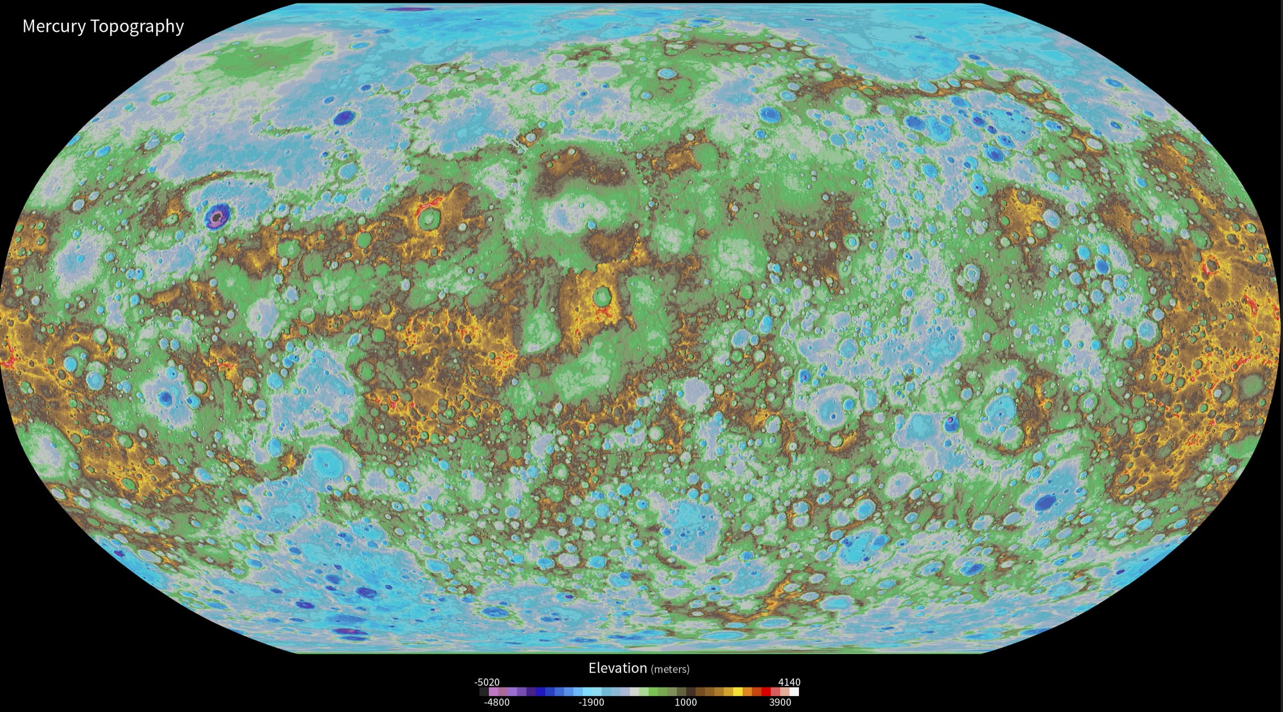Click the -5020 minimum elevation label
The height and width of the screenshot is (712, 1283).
[x=487, y=682]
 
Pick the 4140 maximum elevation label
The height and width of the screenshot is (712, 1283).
[x=789, y=682]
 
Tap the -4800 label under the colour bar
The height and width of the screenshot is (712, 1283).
[x=496, y=702]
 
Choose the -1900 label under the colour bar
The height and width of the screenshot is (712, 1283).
[x=591, y=702]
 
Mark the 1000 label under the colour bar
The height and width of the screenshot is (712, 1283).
[x=685, y=702]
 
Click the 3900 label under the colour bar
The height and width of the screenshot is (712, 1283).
[x=780, y=702]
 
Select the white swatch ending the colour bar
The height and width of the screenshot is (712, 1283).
[x=794, y=692]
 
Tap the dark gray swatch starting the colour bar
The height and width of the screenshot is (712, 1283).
[x=484, y=692]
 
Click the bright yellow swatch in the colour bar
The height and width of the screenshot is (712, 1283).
[x=738, y=692]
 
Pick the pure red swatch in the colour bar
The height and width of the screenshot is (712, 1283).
[x=766, y=692]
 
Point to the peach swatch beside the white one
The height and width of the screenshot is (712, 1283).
[x=785, y=692]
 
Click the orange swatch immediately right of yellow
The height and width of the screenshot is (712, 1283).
[x=747, y=692]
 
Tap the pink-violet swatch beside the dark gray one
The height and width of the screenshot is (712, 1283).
[x=493, y=692]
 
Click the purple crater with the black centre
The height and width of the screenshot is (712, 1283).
[x=217, y=216]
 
